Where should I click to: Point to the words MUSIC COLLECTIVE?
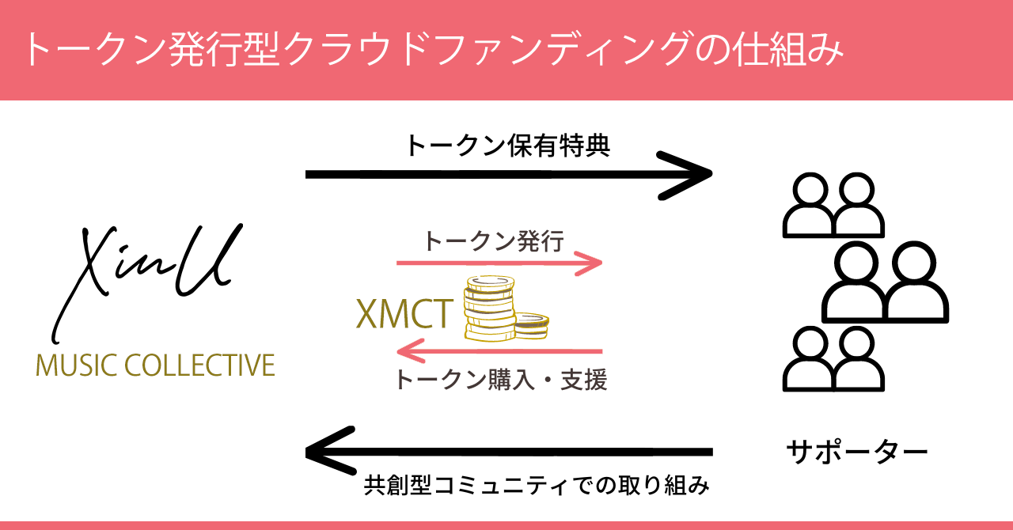[155, 365]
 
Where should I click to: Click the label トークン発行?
[494, 240]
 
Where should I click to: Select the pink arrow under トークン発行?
[499, 263]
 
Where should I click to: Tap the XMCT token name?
[404, 315]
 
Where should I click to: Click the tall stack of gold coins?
[488, 309]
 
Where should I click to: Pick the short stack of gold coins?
[531, 324]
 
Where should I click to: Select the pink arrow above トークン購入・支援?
[499, 350]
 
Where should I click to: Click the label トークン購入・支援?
[500, 380]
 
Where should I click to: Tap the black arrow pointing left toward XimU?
[506, 452]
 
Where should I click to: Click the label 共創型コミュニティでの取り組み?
[536, 484]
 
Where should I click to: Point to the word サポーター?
[857, 452]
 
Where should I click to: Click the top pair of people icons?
[833, 206]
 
